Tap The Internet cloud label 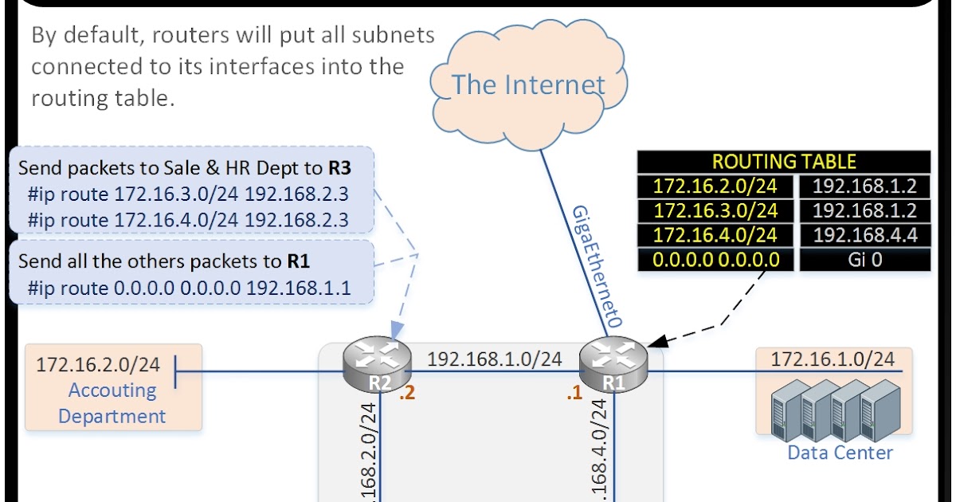pos(529,84)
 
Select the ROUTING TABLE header pos(784,162)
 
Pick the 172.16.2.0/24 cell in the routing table pos(715,186)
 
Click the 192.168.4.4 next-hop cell pos(864,235)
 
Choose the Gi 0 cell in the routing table pos(864,260)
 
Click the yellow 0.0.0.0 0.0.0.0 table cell pos(715,260)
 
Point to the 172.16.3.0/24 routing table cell pos(715,210)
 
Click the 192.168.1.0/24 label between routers pos(494,359)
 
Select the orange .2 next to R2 pos(407,392)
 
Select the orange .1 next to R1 pos(574,392)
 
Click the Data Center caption pos(840,453)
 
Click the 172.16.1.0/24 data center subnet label pos(832,359)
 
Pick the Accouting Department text pos(112,403)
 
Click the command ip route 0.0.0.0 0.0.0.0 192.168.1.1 pos(189,288)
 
